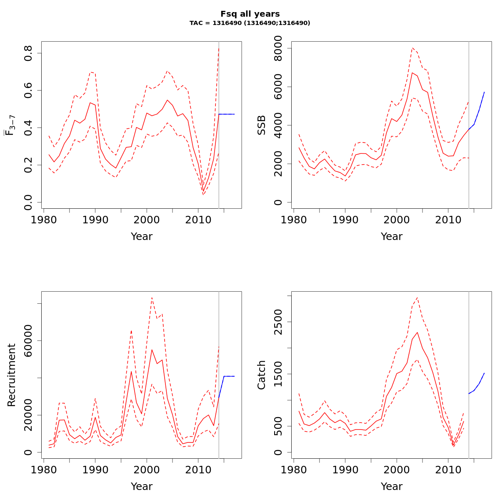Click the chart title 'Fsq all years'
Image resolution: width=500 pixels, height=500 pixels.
250,14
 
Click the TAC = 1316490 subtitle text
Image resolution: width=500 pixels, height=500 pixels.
250,23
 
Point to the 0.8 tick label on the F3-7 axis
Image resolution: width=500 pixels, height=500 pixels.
28,53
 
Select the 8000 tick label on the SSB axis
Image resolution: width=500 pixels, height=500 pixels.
278,49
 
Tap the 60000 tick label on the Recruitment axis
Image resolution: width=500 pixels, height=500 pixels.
28,341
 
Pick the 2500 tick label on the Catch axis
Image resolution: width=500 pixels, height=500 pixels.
278,322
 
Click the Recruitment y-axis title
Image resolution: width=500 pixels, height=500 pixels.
12,375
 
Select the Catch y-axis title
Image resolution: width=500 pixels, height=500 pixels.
262,375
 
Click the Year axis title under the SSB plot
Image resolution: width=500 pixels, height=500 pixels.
392,237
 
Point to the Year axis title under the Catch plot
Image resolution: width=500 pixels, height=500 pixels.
392,486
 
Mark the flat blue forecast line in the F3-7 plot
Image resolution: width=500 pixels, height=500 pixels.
227,114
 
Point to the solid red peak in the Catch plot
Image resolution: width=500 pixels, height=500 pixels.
417,332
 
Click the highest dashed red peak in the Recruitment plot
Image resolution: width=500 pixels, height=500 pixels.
152,297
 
